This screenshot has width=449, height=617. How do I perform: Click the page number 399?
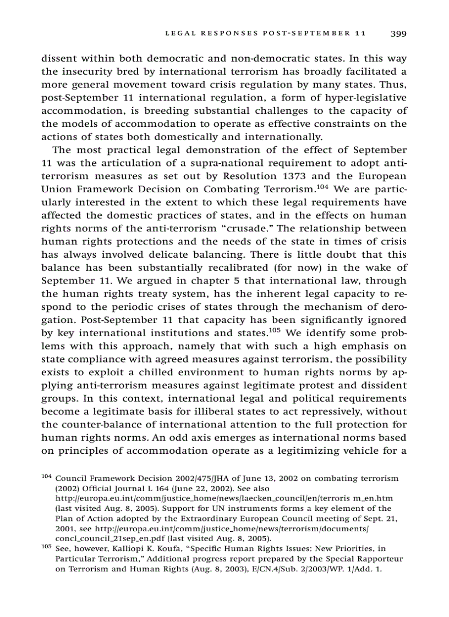[x=398, y=34]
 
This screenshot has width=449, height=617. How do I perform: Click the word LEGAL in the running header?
[x=180, y=34]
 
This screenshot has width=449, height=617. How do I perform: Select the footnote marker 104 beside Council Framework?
[x=47, y=476]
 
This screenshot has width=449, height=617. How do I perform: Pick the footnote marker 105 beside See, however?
[x=47, y=547]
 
